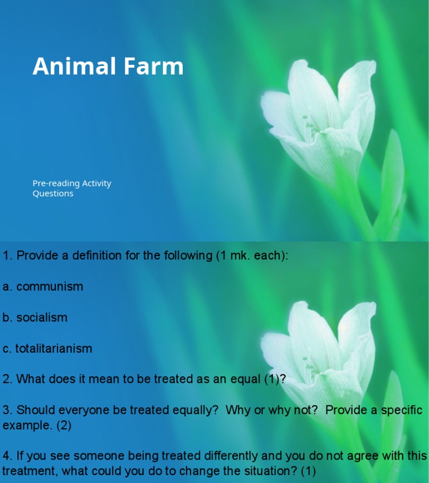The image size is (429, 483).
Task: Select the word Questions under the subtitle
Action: pyautogui.click(x=53, y=193)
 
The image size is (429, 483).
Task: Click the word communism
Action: pyautogui.click(x=50, y=287)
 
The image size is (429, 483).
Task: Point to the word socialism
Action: pyautogui.click(x=42, y=318)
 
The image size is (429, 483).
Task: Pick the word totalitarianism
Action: pyautogui.click(x=54, y=348)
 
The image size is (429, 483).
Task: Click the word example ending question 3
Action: pyautogui.click(x=27, y=425)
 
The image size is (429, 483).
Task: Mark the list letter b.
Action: pyautogui.click(x=7, y=318)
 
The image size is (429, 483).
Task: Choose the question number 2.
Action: pyautogui.click(x=7, y=379)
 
